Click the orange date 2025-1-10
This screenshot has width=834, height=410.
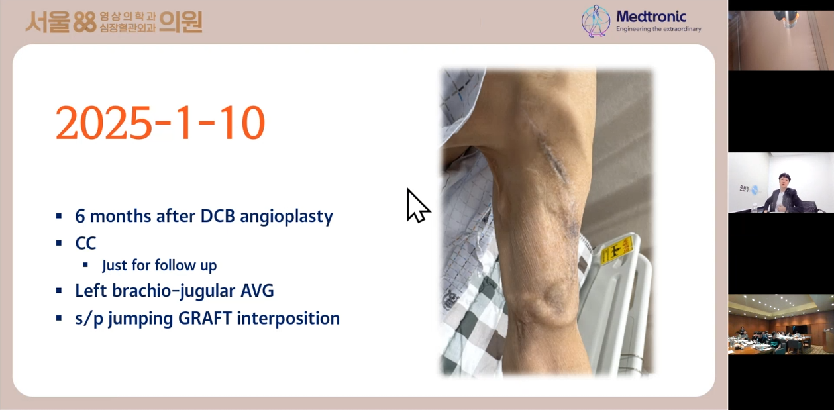[160, 123]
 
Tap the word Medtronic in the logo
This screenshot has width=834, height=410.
[651, 17]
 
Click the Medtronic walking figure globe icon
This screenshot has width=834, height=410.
[596, 21]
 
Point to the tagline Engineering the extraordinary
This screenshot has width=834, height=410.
[658, 29]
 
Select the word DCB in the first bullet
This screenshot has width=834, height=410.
[217, 216]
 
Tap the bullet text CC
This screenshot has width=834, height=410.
[85, 244]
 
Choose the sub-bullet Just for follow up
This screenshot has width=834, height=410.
[160, 266]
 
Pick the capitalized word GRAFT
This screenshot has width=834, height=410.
[205, 319]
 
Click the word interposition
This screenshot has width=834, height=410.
[288, 319]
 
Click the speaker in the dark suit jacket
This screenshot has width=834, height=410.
[782, 194]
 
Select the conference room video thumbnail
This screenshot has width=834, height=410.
[781, 325]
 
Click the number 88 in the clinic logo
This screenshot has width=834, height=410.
[85, 22]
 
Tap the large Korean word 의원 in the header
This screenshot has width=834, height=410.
[181, 22]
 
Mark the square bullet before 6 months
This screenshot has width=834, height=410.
[59, 216]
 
